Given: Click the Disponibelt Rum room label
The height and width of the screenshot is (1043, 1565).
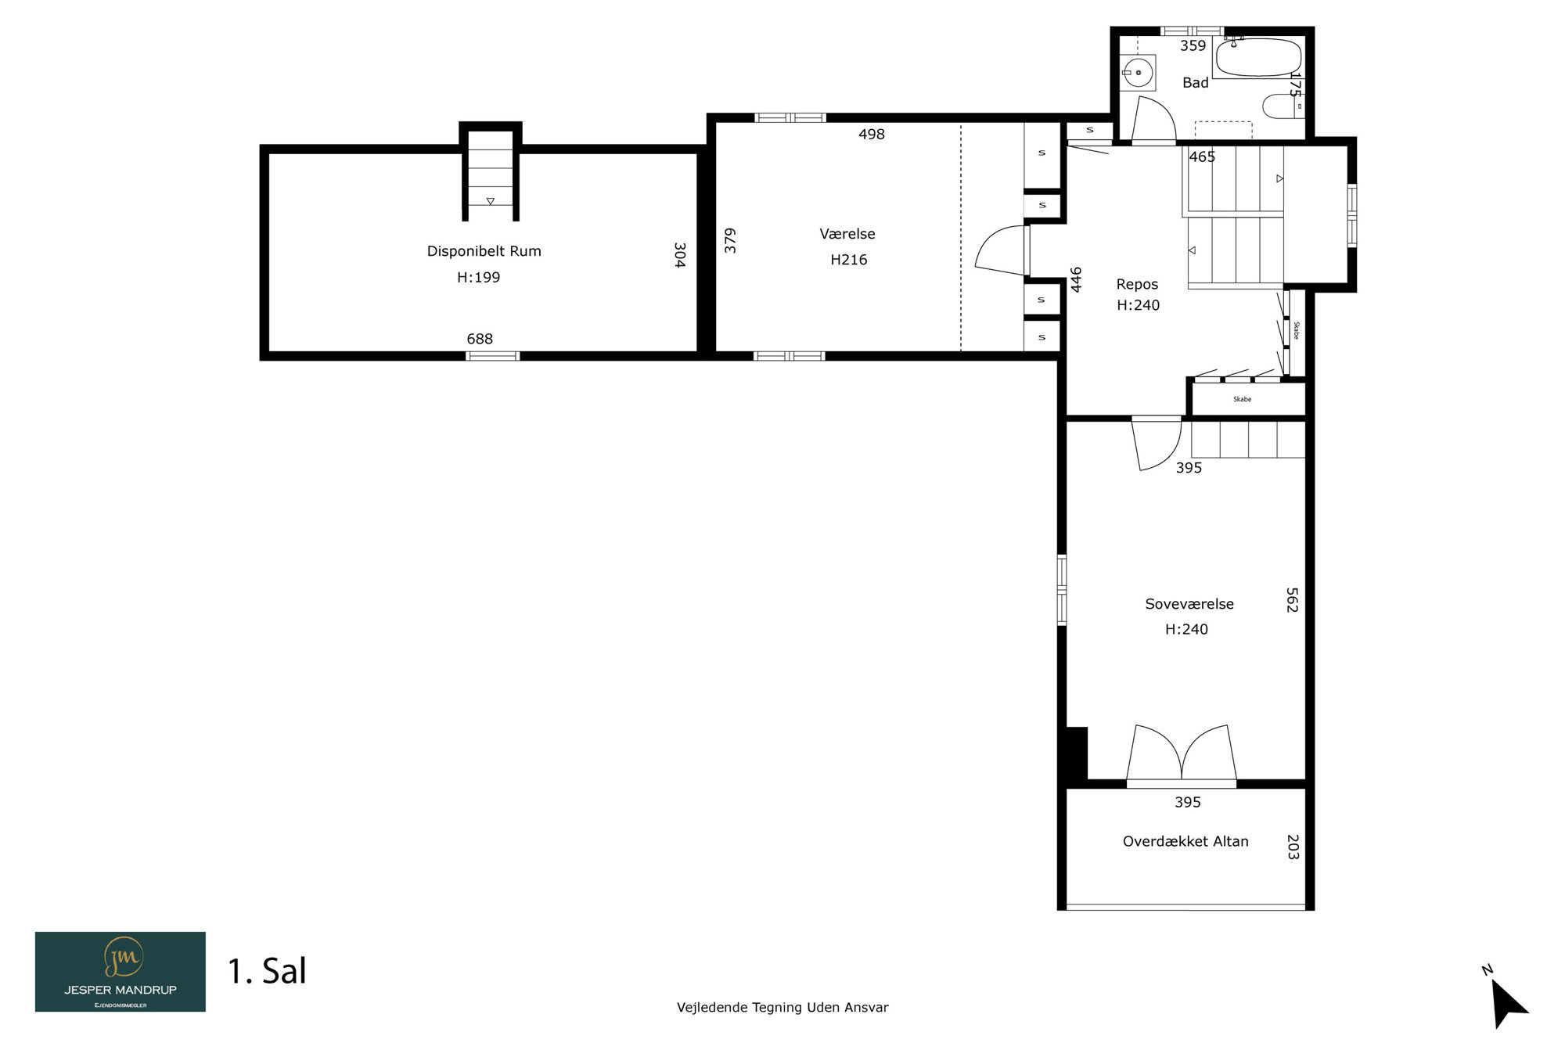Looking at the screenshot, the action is [484, 251].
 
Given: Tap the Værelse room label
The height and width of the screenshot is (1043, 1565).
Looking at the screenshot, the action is [847, 234].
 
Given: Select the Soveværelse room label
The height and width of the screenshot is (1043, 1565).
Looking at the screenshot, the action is [1189, 604].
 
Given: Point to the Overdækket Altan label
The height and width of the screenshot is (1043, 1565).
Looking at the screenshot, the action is [1185, 841].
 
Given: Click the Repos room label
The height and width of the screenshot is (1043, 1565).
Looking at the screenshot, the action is [1137, 284].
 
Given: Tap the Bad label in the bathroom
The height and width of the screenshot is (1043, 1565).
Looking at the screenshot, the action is [1196, 82].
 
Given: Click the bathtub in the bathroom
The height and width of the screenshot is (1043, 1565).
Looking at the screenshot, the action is [1258, 57].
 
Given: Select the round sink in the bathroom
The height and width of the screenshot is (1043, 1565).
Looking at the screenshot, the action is [1138, 73].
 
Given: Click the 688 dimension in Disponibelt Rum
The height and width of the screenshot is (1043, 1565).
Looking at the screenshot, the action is [480, 339].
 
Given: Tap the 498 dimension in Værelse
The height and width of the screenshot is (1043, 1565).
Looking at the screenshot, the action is [872, 135].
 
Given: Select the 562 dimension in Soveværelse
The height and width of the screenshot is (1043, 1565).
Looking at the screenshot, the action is [1292, 600].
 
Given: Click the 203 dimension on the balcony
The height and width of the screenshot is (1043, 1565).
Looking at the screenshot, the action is [1293, 847].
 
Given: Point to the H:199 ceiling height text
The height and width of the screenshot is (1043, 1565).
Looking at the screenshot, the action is [478, 277].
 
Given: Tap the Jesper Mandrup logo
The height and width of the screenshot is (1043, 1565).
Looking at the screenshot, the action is [121, 972].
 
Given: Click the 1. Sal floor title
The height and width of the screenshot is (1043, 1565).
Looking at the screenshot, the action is [267, 971].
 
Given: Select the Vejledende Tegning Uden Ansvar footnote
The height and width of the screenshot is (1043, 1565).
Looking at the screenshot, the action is [782, 1008].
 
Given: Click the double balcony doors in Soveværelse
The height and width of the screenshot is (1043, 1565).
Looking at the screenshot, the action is [1182, 755].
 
